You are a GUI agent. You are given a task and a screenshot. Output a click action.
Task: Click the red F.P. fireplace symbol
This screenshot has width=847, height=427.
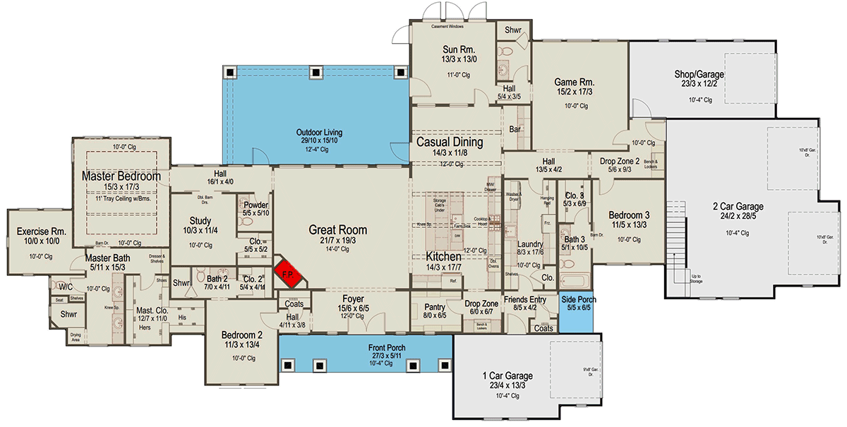(289, 274)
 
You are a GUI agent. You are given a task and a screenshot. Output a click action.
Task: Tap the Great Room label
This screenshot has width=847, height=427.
(337, 229)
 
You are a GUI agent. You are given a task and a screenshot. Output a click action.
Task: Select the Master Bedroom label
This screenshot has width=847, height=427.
(121, 176)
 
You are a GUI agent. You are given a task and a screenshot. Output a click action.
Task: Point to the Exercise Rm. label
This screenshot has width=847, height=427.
(41, 231)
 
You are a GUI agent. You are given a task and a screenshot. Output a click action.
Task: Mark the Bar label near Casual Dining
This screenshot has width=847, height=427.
(515, 131)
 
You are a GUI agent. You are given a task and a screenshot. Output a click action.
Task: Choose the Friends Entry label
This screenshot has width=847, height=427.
(524, 299)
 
